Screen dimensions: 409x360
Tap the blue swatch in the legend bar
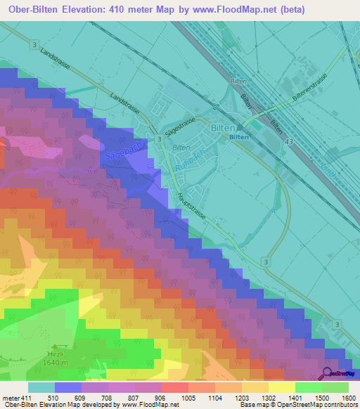pyautogui.click(x=68, y=387)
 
